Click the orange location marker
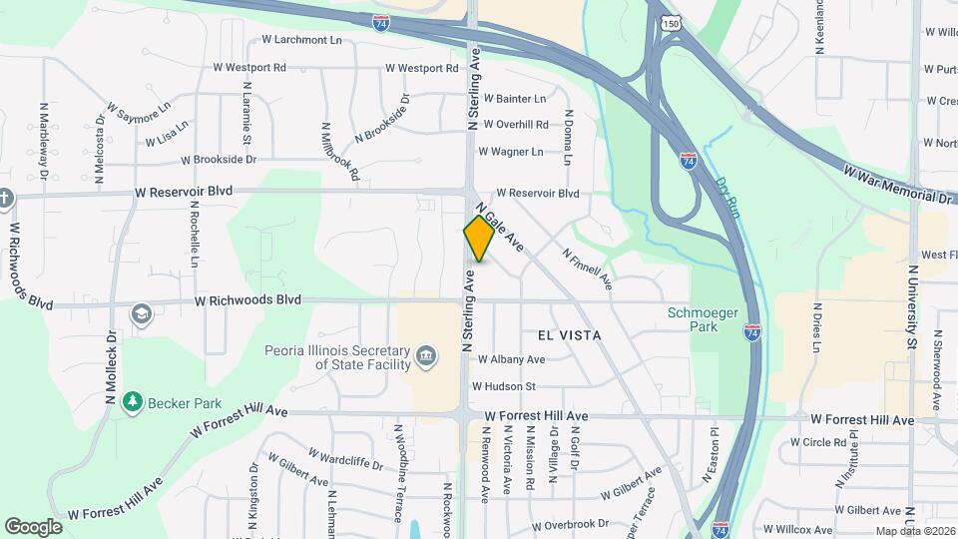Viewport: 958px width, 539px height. (x=479, y=239)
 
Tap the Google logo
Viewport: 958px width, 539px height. (x=33, y=526)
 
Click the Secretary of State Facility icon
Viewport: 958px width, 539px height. (x=426, y=355)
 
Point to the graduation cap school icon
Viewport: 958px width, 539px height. (x=141, y=314)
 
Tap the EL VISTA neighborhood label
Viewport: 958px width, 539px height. (x=569, y=335)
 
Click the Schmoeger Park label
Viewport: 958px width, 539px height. (x=704, y=319)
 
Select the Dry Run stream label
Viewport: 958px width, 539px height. (x=728, y=195)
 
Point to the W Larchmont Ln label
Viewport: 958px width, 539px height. (x=301, y=40)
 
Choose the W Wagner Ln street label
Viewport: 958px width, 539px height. (x=511, y=152)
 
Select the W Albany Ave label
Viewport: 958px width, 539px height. (x=511, y=359)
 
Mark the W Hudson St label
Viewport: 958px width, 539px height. (x=504, y=386)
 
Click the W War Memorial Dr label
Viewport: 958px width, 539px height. (x=898, y=187)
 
